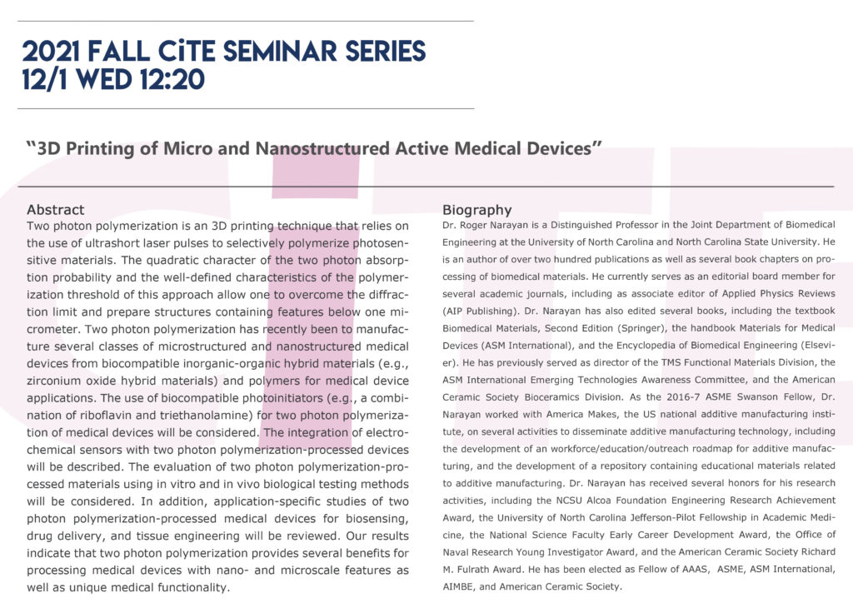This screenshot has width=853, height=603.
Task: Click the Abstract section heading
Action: (x=55, y=210)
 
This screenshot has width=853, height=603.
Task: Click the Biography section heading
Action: (x=476, y=210)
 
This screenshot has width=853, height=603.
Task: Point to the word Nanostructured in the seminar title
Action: (x=322, y=149)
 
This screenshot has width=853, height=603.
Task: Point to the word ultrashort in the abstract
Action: (x=106, y=242)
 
